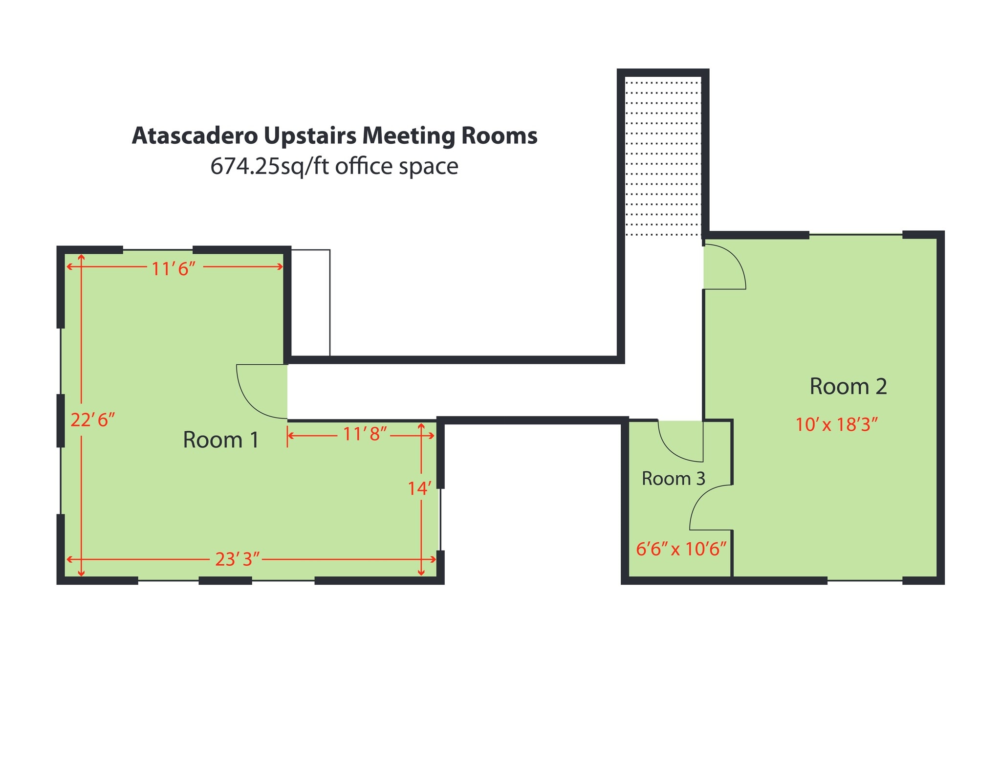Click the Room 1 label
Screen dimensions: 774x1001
pos(220,440)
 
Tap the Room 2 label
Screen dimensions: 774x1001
pos(848,387)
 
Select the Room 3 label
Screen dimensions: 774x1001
pos(673,479)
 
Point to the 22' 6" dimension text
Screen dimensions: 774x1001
pos(92,420)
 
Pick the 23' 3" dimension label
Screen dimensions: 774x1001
pos(237,559)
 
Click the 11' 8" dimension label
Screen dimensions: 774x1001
pos(365,434)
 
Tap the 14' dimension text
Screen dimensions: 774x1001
pos(419,488)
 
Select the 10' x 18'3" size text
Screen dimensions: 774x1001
pos(836,424)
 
